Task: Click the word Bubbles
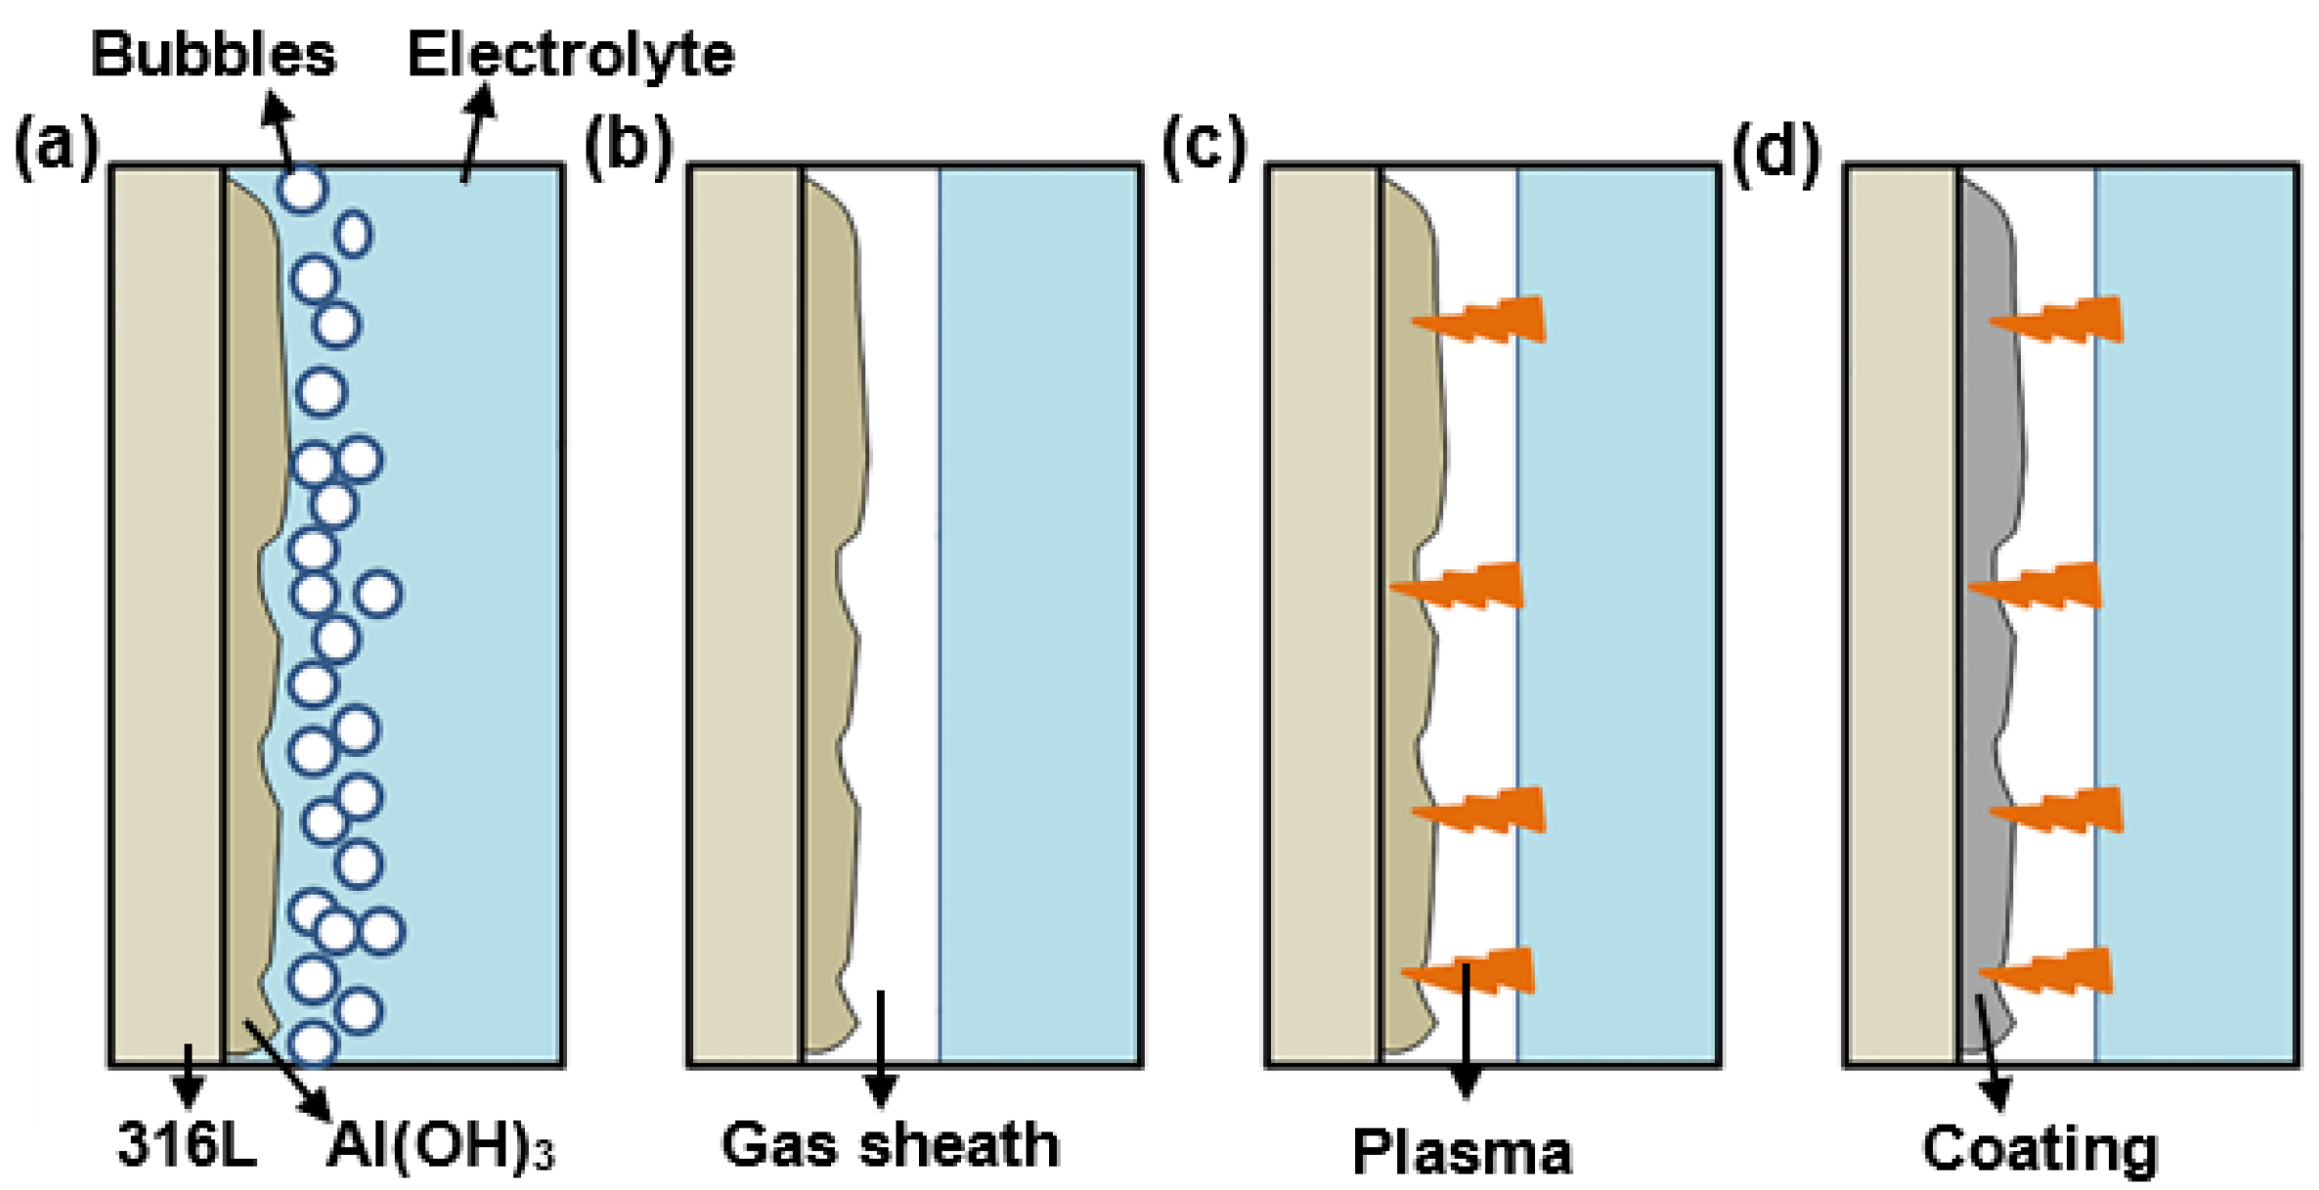(x=213, y=54)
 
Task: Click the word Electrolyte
(x=571, y=54)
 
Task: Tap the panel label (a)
(x=57, y=148)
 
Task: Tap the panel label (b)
(x=629, y=148)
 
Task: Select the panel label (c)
(x=1204, y=148)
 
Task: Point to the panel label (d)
(x=1776, y=152)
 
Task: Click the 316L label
(x=187, y=1144)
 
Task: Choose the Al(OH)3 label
(x=440, y=1145)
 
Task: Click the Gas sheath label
(x=891, y=1145)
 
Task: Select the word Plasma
(x=1463, y=1152)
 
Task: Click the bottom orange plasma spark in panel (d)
(x=2049, y=972)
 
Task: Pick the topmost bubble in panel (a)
(x=302, y=188)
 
